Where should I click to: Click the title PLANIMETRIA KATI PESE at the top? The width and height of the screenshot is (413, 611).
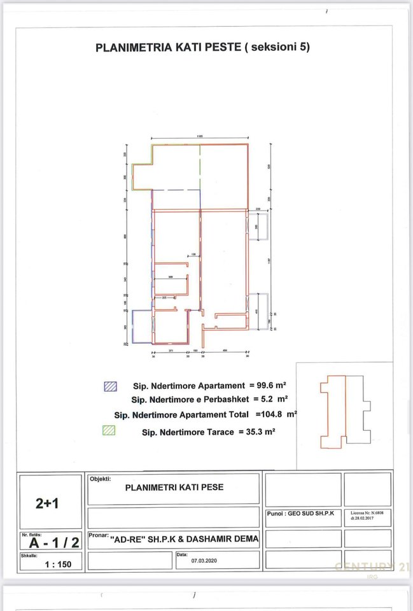[202, 47]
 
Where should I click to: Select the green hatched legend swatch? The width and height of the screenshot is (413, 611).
[109, 430]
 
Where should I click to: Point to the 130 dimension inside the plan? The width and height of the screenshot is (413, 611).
[194, 255]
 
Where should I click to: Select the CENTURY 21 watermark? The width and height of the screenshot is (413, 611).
[372, 566]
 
